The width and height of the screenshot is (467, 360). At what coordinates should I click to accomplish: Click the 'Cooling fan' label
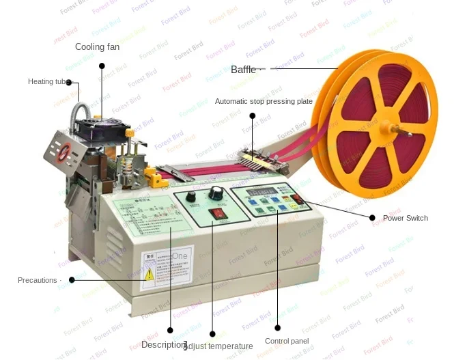97,47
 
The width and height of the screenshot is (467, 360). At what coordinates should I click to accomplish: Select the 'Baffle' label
244,70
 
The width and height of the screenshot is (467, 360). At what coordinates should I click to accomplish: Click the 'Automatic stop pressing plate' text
264,102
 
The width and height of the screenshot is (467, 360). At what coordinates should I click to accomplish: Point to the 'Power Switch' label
405,219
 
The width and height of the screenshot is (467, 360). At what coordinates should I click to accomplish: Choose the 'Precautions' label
38,280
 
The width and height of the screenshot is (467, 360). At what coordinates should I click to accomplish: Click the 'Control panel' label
287,341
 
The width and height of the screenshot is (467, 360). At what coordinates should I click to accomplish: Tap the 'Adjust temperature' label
218,346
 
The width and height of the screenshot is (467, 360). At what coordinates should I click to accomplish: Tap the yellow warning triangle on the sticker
149,274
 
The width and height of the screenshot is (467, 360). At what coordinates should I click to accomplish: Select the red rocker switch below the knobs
218,214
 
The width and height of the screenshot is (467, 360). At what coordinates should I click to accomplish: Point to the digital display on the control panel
264,191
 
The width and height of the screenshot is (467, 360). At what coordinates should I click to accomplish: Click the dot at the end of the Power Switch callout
372,218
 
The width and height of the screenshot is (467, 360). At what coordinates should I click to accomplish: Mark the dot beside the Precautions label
72,279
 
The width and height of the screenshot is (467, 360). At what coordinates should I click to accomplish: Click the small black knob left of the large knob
192,197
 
